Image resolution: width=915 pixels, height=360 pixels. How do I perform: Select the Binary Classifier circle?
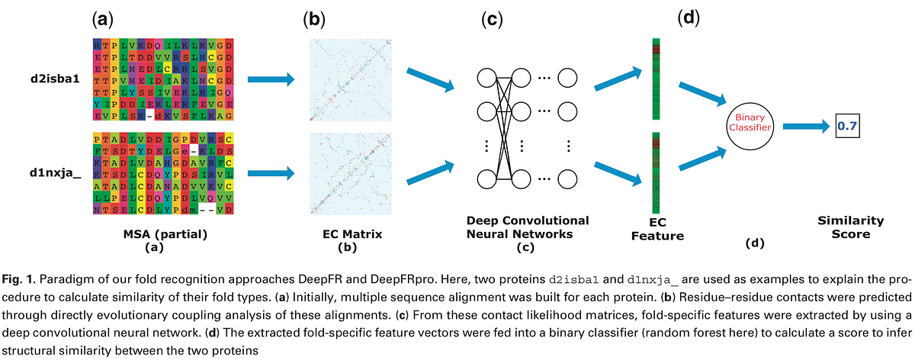750,125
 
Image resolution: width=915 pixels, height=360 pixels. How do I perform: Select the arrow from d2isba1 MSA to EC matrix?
271,79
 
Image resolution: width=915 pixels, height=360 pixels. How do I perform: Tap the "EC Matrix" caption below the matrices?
347,233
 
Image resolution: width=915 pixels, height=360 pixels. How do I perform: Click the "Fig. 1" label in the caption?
19,276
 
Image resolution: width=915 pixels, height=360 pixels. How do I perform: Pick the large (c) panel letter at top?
492,20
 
